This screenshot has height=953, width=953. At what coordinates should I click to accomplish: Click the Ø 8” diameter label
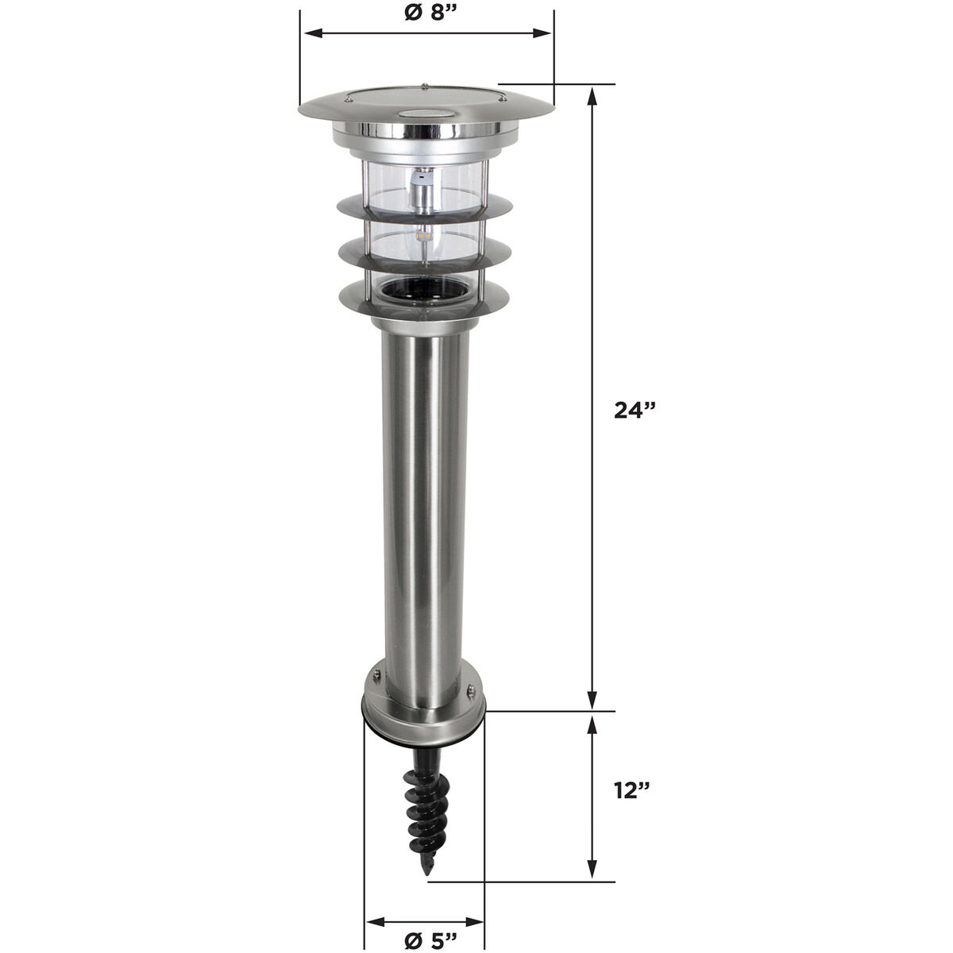click(x=426, y=14)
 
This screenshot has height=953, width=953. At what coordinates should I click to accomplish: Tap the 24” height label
click(x=635, y=410)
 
